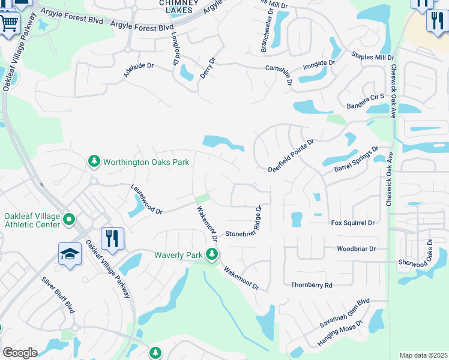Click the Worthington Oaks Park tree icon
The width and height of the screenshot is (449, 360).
pos(94,161)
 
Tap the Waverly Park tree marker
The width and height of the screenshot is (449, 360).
pos(211,255)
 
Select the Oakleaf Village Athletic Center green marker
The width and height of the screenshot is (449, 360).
pos(69,220)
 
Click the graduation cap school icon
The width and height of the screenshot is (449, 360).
pos(70,254)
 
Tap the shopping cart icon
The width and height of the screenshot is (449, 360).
pos(9,25)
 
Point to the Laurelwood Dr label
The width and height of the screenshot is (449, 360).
pos(146,199)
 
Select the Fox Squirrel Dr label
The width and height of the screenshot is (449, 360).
pos(352,223)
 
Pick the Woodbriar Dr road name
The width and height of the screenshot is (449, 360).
pos(356,248)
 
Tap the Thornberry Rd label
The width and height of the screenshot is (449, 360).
pos(311,286)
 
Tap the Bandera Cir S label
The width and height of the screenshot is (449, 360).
pos(365,105)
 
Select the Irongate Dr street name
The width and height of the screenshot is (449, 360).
pos(318,64)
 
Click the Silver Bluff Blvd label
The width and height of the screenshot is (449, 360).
pos(58,295)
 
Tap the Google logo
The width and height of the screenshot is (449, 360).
pos(20,353)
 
